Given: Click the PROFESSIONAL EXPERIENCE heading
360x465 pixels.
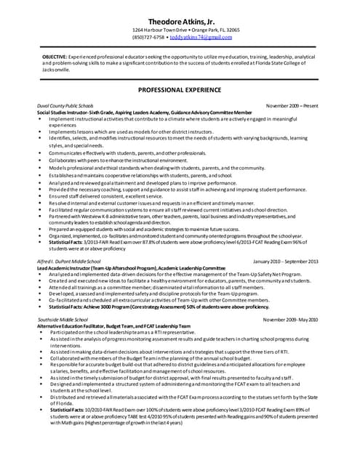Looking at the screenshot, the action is tap(180, 89).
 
